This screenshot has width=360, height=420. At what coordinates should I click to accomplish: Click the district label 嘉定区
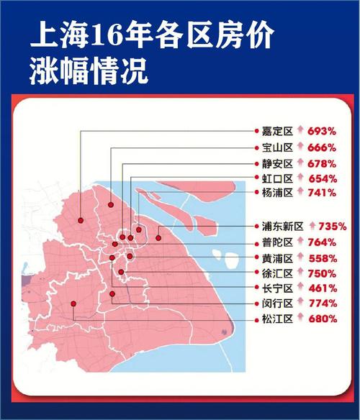(277, 132)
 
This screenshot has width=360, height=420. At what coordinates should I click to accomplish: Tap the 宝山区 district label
(277, 147)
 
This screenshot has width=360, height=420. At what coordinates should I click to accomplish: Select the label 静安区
(277, 163)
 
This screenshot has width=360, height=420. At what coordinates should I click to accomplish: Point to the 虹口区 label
(277, 178)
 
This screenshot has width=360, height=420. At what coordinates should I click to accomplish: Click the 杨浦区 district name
(277, 193)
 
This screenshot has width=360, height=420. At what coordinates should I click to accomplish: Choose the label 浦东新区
(282, 226)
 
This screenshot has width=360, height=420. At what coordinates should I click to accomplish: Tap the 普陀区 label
(277, 242)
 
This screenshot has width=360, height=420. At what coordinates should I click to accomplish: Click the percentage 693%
(322, 132)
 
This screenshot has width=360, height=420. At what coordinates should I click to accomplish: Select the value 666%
(322, 147)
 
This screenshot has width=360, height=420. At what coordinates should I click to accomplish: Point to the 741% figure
(322, 193)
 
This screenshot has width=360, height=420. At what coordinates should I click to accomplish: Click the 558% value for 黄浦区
(322, 258)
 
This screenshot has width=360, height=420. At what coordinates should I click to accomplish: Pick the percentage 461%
(322, 288)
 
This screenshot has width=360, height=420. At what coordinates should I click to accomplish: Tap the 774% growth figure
(322, 303)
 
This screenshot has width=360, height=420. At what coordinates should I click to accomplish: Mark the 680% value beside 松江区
(322, 319)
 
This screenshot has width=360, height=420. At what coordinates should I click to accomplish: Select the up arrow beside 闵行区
(300, 303)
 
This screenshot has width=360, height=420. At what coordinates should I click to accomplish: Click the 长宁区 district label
(277, 288)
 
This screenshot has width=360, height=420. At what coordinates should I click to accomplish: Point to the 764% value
(322, 242)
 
